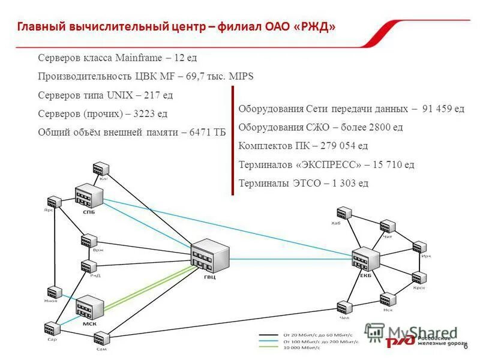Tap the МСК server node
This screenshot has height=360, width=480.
coord(89,307)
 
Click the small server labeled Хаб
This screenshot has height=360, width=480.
coord(343,213)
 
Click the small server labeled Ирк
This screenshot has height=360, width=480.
coord(419,247)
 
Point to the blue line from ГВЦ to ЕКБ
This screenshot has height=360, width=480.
coord(288,259)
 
